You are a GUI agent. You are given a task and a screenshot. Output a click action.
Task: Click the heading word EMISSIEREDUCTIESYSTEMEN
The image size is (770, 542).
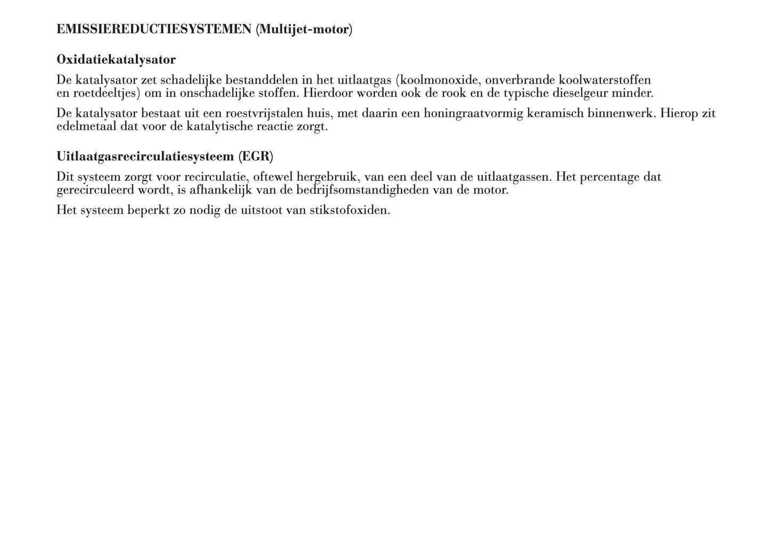(153, 29)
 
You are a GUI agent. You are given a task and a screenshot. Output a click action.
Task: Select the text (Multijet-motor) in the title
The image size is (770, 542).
(304, 29)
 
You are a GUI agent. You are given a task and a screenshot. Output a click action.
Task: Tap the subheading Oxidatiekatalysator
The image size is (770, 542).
(116, 59)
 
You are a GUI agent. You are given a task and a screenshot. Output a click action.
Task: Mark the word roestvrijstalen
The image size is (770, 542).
(264, 114)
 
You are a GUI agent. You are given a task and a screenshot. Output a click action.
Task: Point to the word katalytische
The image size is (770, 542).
(219, 127)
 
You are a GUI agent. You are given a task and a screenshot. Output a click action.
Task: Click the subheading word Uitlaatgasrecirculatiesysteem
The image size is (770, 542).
(145, 157)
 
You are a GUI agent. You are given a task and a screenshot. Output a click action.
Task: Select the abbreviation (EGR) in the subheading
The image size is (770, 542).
(256, 157)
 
